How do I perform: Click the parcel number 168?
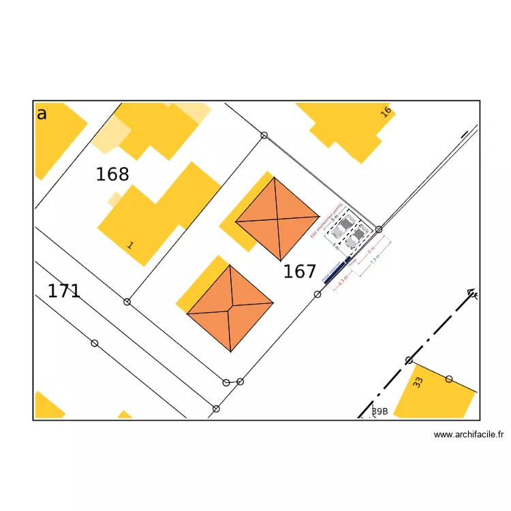(112, 175)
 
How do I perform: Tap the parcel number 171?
(64, 292)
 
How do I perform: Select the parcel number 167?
(300, 273)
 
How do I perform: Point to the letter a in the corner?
(42, 114)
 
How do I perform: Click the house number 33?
(418, 383)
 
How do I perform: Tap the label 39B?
(380, 412)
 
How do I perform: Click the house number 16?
(386, 112)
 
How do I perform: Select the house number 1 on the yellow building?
(130, 245)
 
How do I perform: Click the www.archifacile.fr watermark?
(468, 434)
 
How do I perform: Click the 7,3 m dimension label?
(374, 259)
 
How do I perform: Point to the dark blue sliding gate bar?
(335, 270)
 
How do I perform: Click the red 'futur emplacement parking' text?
(324, 221)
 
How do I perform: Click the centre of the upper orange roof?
(278, 219)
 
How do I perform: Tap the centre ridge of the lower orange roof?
(230, 309)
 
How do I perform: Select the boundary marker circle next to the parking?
(379, 230)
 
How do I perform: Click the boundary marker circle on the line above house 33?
(409, 360)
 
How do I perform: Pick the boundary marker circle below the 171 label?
(95, 343)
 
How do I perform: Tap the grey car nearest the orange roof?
(346, 223)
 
